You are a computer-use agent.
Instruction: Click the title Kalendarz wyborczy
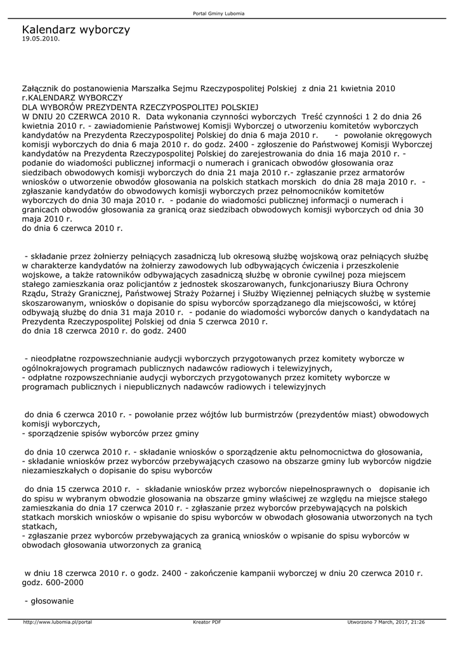click(x=76, y=30)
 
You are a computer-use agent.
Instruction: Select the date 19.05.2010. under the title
click(x=40, y=39)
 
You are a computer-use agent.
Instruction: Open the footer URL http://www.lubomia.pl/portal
click(x=57, y=622)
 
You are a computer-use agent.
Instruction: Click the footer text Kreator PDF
click(x=207, y=622)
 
